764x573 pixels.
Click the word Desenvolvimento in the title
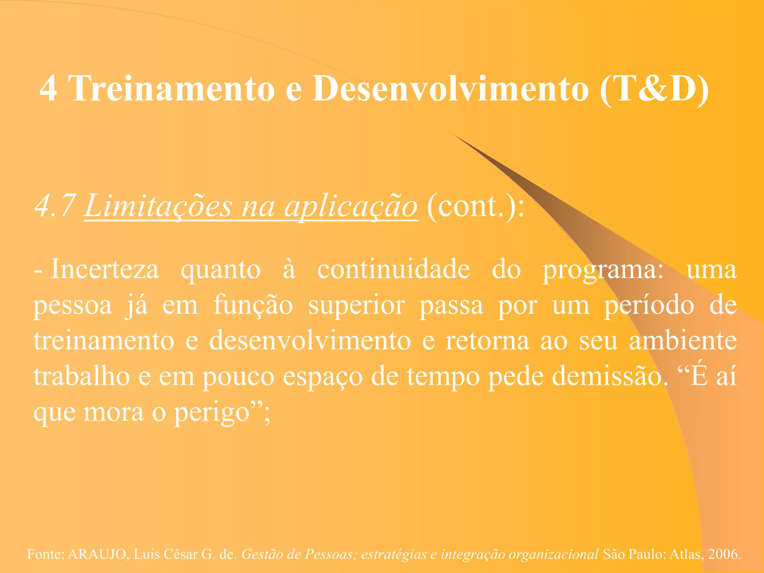tap(451, 88)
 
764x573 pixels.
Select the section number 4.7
tap(55, 206)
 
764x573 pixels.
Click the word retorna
tap(488, 341)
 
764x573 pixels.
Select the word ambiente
tap(683, 341)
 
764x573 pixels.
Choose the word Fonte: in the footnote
tap(46, 554)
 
